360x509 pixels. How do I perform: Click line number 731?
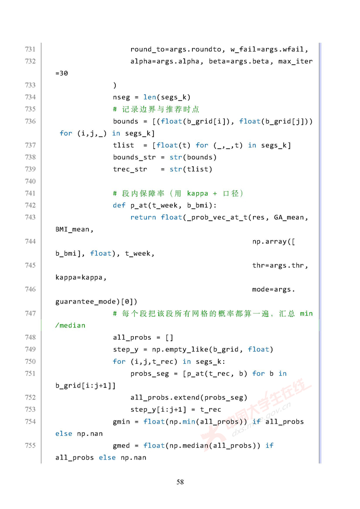click(30, 49)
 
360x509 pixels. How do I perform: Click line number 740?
click(30, 181)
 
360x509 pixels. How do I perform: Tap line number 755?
click(30, 445)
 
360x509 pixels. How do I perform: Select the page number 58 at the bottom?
click(180, 482)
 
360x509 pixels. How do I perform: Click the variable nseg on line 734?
click(121, 97)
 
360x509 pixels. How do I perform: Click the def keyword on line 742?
click(119, 205)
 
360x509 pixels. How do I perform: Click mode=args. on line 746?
click(274, 289)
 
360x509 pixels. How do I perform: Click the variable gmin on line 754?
click(121, 422)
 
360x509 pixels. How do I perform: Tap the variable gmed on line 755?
click(121, 445)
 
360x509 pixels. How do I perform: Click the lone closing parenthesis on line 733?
click(115, 85)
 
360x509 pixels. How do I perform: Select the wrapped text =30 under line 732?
click(62, 74)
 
